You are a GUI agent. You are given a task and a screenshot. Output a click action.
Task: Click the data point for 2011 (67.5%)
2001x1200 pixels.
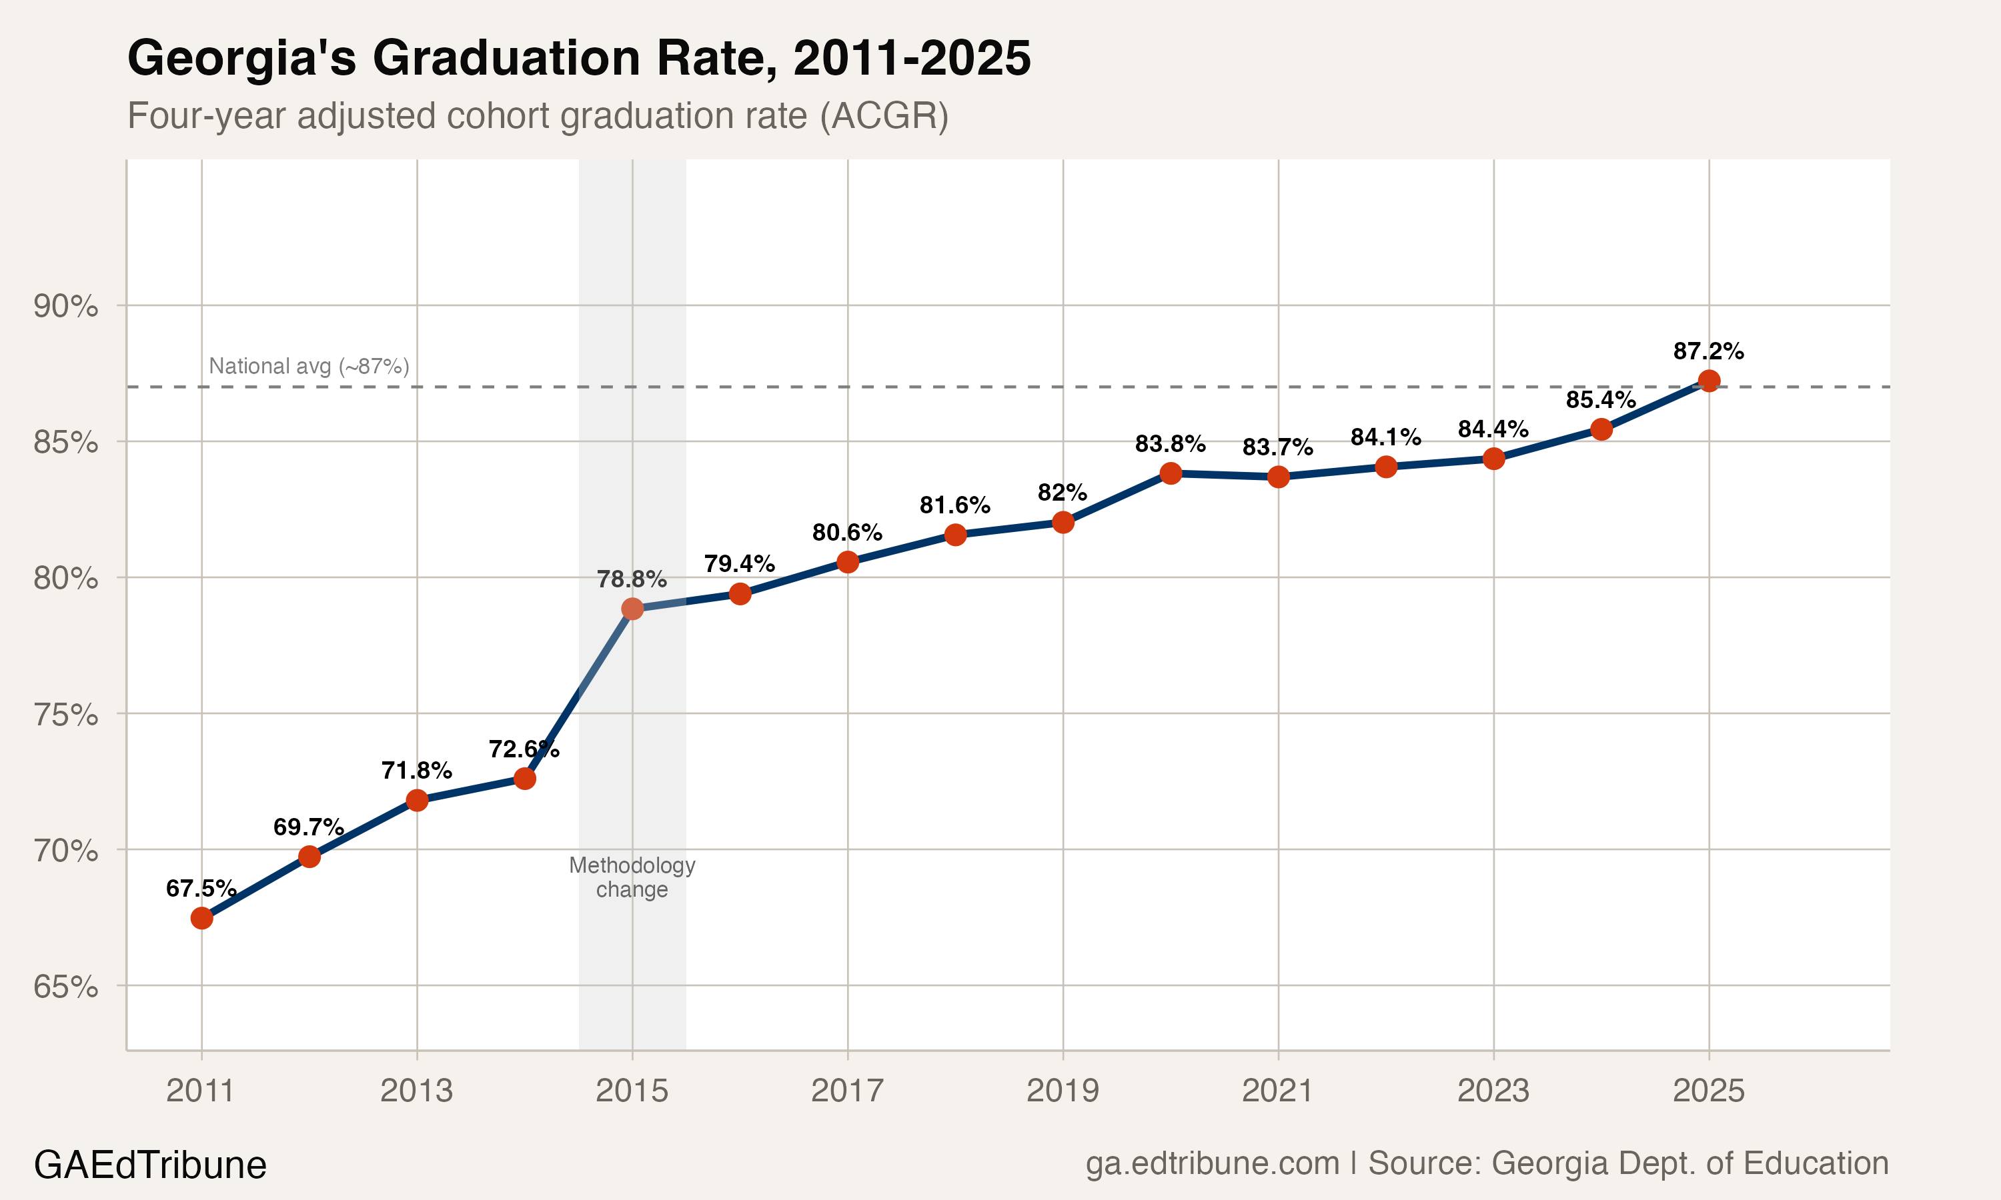coord(201,918)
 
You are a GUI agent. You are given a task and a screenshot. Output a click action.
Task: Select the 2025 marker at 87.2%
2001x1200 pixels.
coord(1708,381)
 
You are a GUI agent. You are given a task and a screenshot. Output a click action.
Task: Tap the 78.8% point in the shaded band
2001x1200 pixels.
coord(632,608)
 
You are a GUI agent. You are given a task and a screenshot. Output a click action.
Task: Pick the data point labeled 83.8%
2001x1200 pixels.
coord(1171,473)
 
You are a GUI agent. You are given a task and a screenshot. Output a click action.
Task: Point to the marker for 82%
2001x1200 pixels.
coord(1063,523)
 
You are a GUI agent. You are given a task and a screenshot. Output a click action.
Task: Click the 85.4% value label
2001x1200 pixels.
coord(1601,399)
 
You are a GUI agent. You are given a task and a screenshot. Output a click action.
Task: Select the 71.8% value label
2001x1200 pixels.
coord(416,771)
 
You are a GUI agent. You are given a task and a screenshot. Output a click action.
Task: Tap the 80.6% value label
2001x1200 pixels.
coord(847,533)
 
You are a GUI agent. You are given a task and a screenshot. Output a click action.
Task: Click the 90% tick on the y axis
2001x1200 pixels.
coord(65,307)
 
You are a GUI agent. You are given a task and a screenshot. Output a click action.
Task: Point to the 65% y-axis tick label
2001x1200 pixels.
coord(65,987)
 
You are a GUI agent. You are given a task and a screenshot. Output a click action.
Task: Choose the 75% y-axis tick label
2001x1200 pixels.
coord(65,715)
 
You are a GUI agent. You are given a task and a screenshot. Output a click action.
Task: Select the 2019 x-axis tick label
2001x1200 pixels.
coord(1063,1091)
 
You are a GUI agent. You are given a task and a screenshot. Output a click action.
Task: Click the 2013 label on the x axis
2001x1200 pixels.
coord(416,1091)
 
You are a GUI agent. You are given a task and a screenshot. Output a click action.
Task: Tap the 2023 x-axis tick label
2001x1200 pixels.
coord(1493,1091)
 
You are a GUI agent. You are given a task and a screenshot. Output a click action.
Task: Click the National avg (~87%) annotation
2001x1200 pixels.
coord(309,366)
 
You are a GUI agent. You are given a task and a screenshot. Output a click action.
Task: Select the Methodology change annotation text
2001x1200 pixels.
coord(632,877)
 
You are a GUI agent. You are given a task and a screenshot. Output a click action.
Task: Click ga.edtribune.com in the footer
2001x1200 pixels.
coord(1211,1163)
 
